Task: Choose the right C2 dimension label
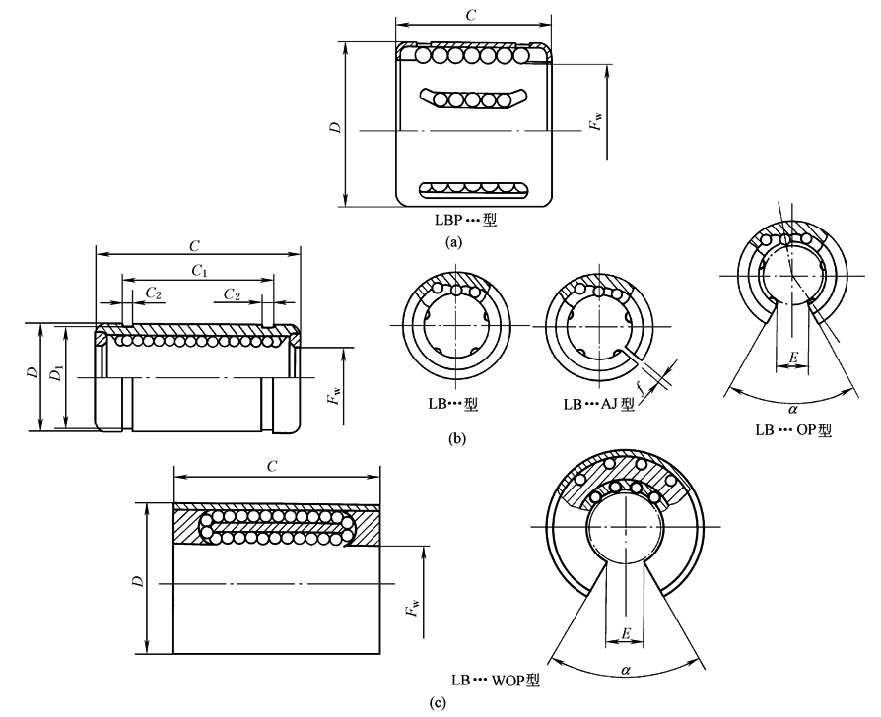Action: pos(234,294)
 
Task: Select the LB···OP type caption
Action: pos(793,430)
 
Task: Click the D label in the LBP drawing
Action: pos(336,127)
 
